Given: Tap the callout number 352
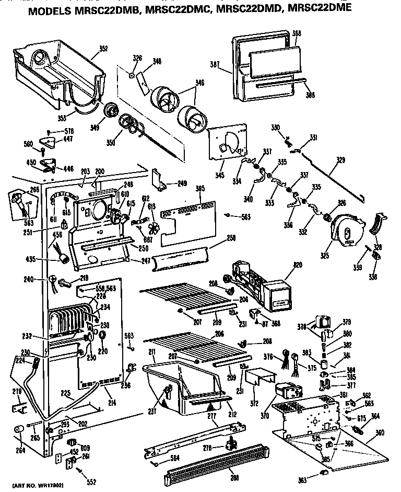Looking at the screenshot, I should tap(103, 49).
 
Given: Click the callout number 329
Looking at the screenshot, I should tap(340, 161).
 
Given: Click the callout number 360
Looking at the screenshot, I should tap(380, 433).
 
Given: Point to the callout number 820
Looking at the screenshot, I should tap(297, 266).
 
